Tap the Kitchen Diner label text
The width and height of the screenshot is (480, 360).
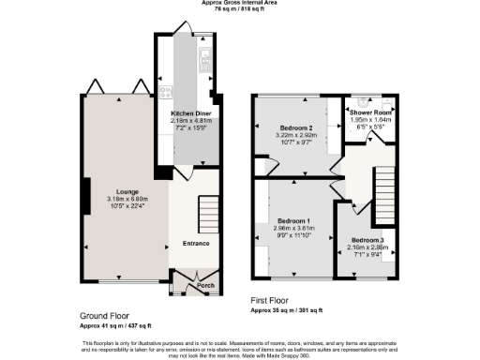(x=188, y=112)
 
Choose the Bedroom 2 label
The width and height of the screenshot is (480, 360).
(x=295, y=128)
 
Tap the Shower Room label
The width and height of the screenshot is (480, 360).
(x=372, y=112)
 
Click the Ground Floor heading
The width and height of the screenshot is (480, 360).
(x=104, y=317)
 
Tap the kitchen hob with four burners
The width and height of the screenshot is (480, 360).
(x=166, y=92)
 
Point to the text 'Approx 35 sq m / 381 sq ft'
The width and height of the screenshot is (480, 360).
(x=286, y=310)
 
